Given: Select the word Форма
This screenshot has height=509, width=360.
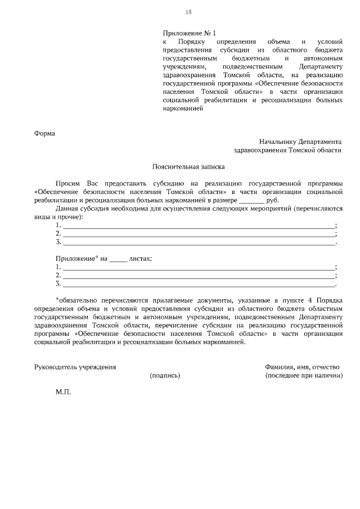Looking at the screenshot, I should tap(45, 133).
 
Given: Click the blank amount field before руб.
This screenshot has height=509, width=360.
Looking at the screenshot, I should tap(251, 200).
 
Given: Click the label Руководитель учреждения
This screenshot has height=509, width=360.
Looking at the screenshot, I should tap(75, 367).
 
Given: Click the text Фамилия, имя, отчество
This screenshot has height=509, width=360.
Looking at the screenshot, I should tap(302, 367).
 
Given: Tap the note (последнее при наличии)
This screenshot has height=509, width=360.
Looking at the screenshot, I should tap(304, 375).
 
